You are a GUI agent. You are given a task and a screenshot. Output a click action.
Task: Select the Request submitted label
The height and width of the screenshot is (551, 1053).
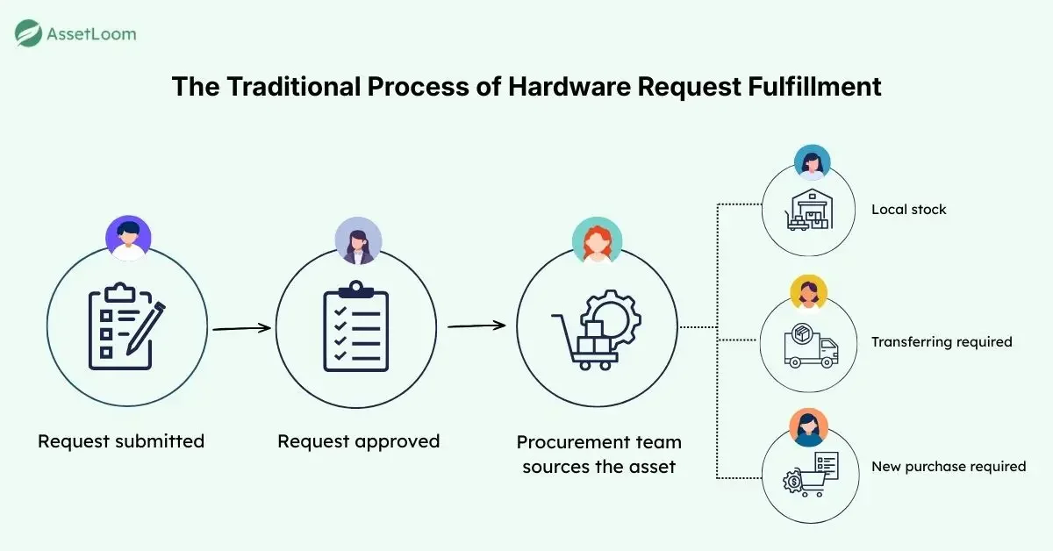[121, 440]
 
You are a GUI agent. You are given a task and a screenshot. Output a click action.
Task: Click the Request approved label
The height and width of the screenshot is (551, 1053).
[358, 440]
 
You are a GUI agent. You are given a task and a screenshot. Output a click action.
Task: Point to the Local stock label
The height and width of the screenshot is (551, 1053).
[908, 210]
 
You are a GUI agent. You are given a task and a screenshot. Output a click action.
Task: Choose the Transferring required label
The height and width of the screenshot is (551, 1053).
[942, 341]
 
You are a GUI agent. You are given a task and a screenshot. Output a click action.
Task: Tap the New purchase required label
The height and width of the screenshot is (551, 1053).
[949, 467]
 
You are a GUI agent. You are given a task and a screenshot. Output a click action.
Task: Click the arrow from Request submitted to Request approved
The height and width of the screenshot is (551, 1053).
[241, 328]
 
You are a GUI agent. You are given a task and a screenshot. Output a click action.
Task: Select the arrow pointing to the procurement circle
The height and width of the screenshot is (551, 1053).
[476, 326]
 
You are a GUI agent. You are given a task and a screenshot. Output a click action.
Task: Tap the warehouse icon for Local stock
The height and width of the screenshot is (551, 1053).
[809, 211]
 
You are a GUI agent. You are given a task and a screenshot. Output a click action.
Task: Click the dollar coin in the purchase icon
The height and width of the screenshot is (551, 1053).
[792, 481]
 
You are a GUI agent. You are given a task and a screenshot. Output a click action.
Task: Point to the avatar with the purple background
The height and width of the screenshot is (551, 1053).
[128, 238]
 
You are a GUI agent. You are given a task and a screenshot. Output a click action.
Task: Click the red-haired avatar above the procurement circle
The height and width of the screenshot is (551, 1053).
[597, 240]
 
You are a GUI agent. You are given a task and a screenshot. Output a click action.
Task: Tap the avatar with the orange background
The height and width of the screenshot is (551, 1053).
[808, 427]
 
